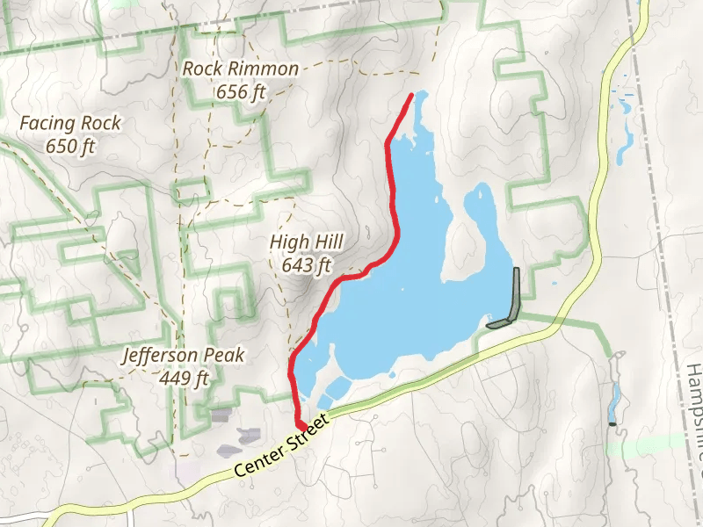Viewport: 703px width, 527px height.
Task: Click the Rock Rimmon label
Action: point(241,69)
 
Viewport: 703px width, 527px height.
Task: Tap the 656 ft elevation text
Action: point(240,90)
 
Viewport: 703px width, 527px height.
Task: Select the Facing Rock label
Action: point(70,125)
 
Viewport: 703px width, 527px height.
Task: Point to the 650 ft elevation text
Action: point(70,146)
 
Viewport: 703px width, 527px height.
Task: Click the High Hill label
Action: point(307,242)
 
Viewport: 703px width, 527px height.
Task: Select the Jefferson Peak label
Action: point(184,357)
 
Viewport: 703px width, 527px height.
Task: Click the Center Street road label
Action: point(281,434)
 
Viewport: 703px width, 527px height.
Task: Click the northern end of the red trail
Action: point(412,94)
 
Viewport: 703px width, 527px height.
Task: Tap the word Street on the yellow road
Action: point(306,422)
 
